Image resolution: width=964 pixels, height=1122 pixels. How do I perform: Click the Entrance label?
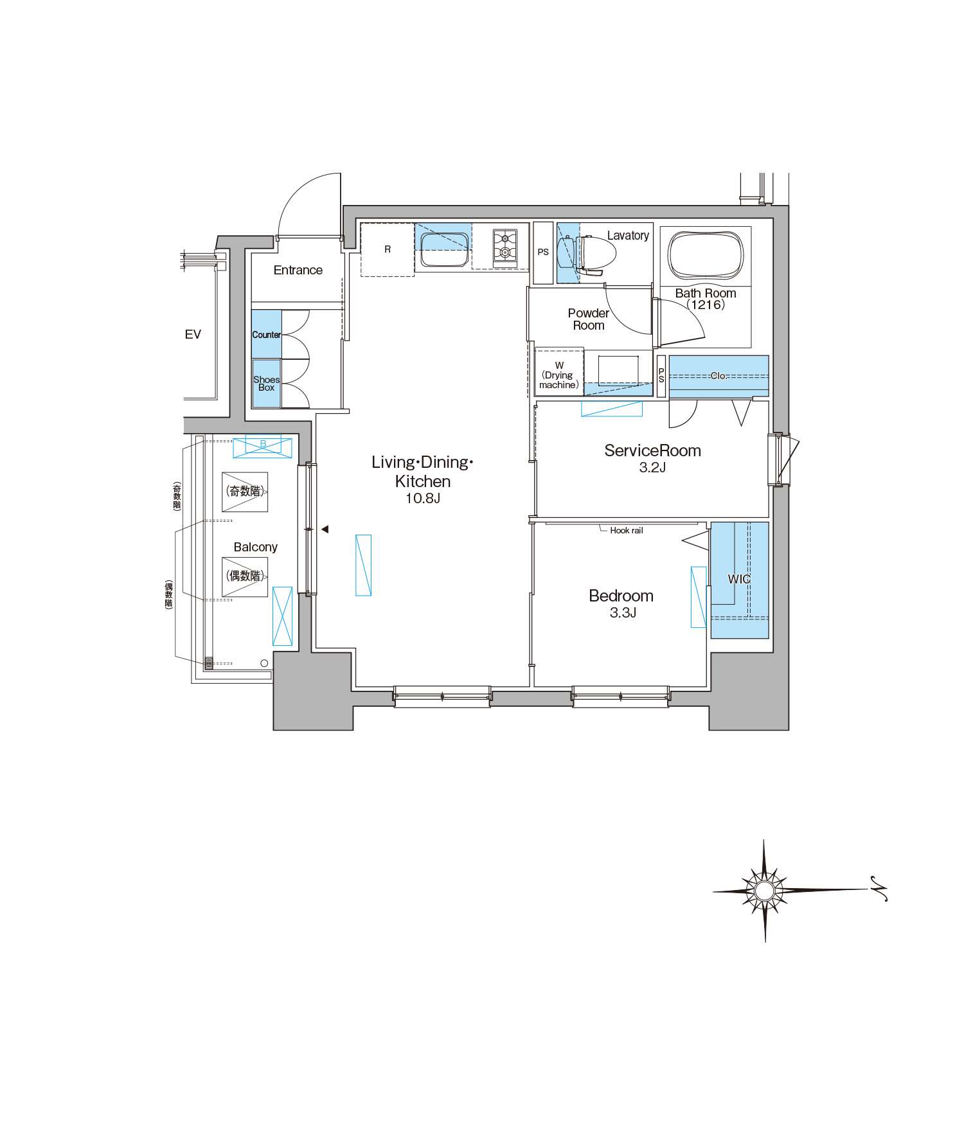[x=298, y=271]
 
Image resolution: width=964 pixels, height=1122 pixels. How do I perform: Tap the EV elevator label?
[x=193, y=334]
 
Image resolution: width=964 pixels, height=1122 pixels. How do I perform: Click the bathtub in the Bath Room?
[x=706, y=255]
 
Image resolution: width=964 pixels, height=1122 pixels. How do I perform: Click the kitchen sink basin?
[x=444, y=249]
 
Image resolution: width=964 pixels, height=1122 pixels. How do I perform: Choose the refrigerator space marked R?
[x=388, y=249]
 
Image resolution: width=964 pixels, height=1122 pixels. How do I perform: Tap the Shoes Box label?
[x=266, y=384]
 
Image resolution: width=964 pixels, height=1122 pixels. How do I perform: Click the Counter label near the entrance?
[x=266, y=335]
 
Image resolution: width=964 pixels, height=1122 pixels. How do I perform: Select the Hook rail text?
[x=626, y=530]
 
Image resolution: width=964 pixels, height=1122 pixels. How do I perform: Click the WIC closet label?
[x=739, y=579]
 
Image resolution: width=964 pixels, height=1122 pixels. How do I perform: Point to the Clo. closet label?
[x=719, y=376]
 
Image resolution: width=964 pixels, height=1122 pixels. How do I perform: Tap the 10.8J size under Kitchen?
[x=423, y=498]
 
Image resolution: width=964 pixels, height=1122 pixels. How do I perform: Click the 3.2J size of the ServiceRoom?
[x=652, y=468]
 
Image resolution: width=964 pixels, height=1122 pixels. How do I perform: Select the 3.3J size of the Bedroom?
[x=623, y=613]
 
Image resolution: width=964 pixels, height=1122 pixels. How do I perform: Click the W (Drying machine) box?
[x=559, y=372]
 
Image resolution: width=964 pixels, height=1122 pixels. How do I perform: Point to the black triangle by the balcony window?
[x=325, y=530]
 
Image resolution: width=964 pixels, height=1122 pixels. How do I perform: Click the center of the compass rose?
[x=764, y=891]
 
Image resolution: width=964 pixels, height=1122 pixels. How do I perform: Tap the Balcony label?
[x=255, y=548]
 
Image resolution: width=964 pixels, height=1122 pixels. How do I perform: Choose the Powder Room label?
[x=589, y=319]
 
